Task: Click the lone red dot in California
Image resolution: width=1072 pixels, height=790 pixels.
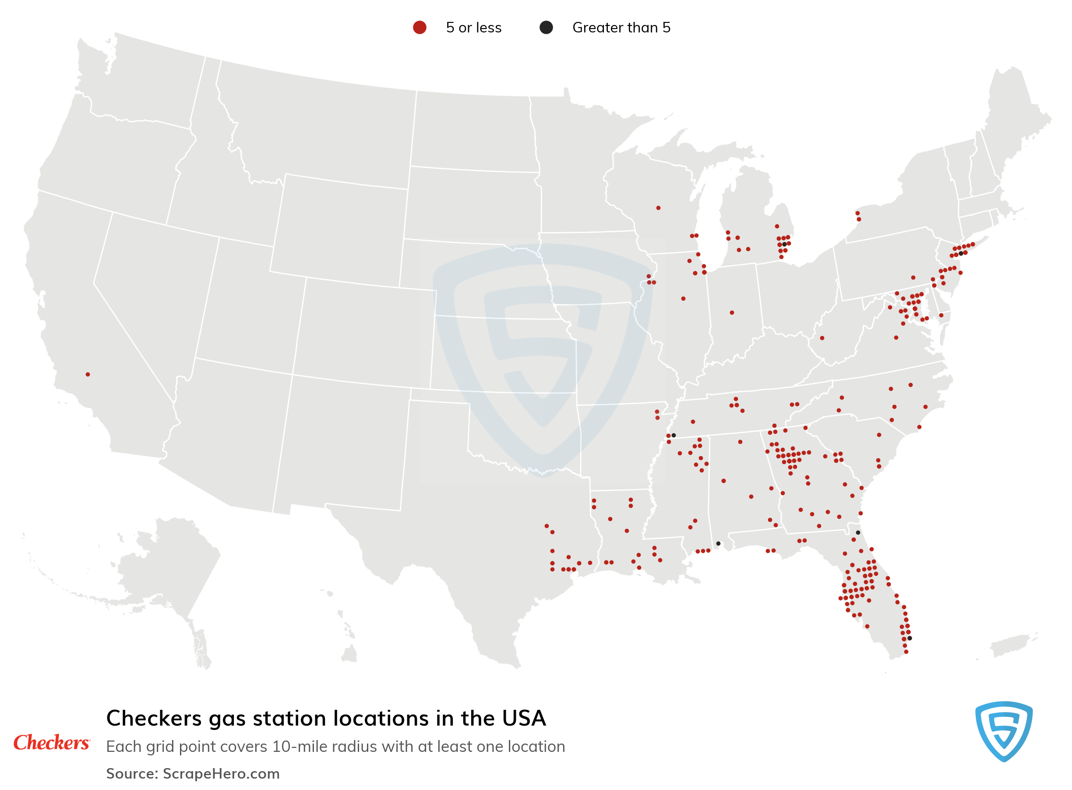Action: coord(88,375)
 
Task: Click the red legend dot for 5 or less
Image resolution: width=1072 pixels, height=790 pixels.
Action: coord(420,27)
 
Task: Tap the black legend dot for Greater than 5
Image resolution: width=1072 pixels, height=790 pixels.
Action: coord(546,27)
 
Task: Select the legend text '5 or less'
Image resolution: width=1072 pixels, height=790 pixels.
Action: coord(474,28)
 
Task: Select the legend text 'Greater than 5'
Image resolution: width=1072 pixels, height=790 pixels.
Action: coord(621,28)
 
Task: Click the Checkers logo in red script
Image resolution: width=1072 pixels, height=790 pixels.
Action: coord(51,743)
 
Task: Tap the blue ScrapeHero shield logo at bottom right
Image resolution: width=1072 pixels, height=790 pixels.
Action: coord(1003,731)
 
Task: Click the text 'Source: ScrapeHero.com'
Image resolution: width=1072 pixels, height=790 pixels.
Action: coord(193,773)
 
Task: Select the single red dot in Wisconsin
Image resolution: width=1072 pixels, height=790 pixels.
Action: coord(658,208)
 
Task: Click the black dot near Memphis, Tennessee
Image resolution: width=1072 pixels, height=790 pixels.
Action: coord(674,435)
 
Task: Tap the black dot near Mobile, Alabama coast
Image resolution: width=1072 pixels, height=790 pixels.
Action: coord(718,544)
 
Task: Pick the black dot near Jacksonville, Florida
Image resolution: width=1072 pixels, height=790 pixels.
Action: coord(858,533)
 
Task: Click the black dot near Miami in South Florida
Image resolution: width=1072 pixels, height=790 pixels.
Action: coord(910,638)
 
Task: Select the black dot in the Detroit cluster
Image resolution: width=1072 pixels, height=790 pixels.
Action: coord(784,244)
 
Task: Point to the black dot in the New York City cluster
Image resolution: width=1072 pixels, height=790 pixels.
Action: coord(961,253)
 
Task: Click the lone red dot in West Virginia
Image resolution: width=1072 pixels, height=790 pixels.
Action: coord(822,338)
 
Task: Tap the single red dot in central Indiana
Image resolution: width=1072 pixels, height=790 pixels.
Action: coord(732,313)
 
